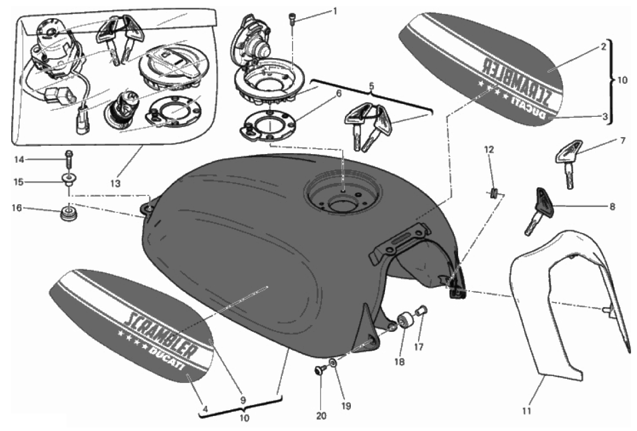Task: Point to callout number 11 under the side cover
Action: [526, 411]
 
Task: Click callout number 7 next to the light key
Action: [622, 141]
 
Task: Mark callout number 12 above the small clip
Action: [490, 150]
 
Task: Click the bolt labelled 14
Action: [68, 158]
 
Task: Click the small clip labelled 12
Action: [494, 191]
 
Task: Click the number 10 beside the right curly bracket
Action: [622, 81]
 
